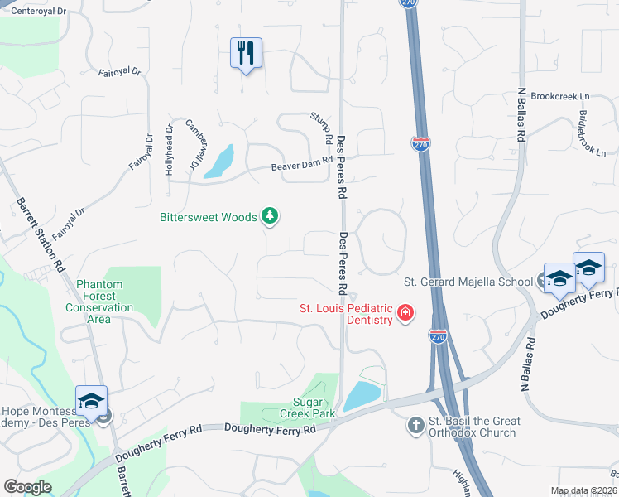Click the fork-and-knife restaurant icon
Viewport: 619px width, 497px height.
click(246, 54)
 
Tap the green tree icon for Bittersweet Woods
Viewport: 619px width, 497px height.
click(269, 217)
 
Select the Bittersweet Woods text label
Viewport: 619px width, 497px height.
click(208, 218)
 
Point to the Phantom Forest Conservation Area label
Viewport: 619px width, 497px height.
click(99, 302)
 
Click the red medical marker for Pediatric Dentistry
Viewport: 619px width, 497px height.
click(405, 313)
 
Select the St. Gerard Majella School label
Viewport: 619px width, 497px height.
click(468, 282)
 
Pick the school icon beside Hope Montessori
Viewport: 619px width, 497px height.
click(91, 402)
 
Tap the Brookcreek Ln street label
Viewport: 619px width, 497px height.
click(559, 96)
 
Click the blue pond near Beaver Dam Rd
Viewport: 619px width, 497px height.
click(219, 162)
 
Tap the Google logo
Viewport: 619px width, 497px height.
click(27, 487)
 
